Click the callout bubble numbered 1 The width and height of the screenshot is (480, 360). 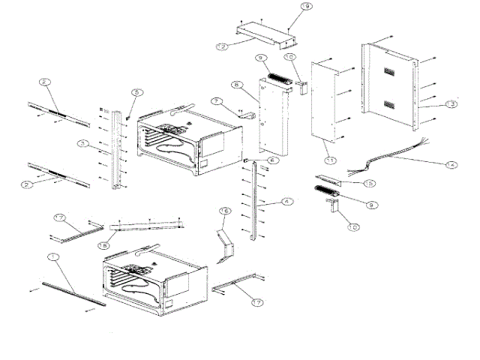52,257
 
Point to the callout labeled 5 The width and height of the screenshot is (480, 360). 136,93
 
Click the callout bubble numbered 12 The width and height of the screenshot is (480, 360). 221,46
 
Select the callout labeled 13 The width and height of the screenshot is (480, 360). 450,104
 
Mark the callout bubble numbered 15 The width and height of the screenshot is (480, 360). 369,183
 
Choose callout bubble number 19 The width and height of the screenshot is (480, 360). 305,6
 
